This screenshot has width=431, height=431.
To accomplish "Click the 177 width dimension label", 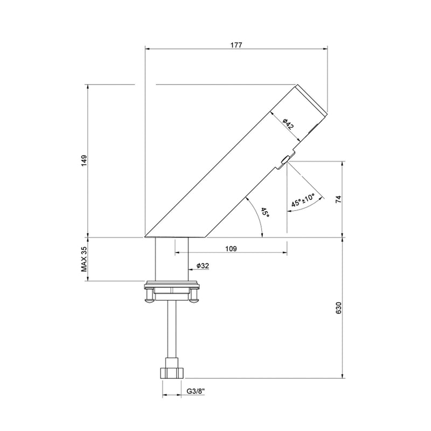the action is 236,45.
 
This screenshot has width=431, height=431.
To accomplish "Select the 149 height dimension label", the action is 84,161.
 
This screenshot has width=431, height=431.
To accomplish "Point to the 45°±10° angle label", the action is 303,200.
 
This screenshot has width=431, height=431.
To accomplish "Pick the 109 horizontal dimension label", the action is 231,249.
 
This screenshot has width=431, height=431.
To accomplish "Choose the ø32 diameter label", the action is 203,266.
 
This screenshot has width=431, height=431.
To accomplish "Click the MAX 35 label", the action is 84,259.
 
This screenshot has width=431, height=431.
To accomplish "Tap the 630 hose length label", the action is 338,308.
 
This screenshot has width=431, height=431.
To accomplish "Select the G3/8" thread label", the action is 196,391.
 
